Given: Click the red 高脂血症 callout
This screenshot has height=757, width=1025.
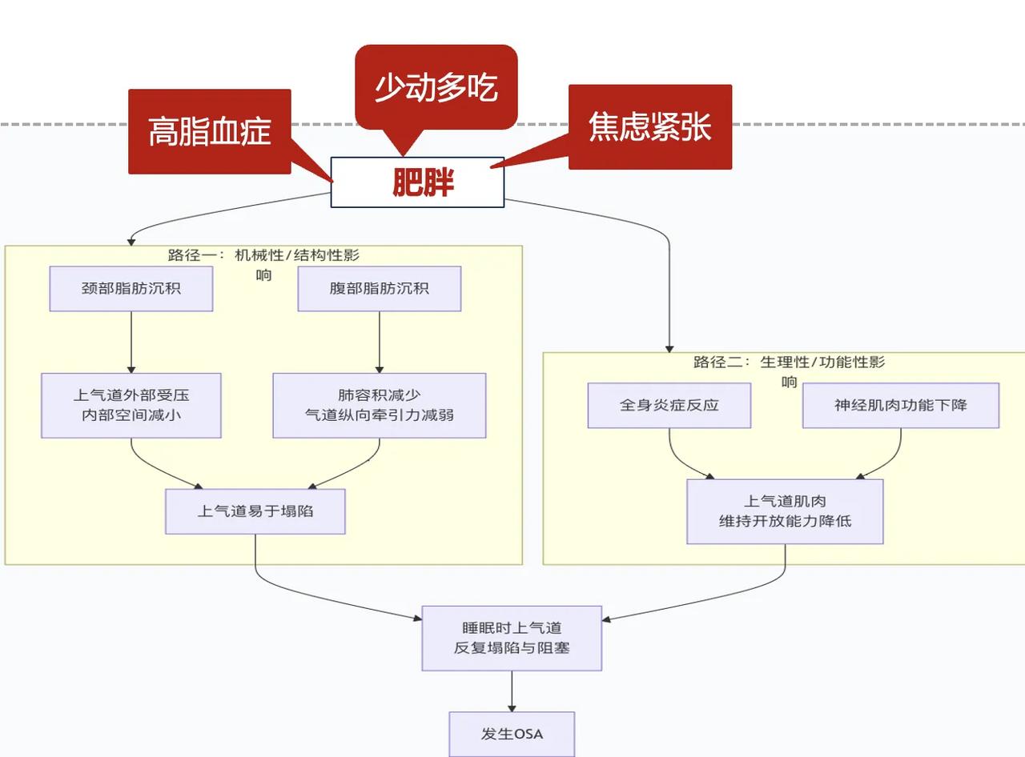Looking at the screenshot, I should click(210, 131).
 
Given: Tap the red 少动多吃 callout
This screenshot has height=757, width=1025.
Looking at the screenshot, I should click(436, 87).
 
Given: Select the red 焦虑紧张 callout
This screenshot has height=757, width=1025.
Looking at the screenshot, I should click(649, 126).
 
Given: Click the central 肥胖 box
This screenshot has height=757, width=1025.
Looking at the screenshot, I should click(417, 182).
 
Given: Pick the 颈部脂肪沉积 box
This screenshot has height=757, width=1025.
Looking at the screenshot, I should click(131, 288).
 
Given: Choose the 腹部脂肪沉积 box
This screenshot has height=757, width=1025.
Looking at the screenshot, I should click(380, 288).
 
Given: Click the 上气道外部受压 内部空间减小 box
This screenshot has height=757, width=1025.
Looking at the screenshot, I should click(131, 405).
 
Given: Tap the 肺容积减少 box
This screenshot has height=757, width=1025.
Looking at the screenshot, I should click(380, 405).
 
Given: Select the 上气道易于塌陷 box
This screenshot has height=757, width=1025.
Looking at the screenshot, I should click(255, 511).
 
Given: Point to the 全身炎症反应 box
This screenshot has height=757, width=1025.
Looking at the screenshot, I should click(669, 405).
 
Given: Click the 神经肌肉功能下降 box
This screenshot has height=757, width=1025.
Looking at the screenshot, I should click(901, 405).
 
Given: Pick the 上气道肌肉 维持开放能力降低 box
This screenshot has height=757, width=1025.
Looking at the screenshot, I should click(785, 511).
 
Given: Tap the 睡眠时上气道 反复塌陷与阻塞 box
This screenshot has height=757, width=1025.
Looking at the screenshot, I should click(512, 638).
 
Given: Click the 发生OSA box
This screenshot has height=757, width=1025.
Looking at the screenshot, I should click(512, 734).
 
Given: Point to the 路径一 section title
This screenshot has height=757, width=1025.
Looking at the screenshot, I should click(263, 256).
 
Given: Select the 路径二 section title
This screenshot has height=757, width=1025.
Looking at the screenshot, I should click(789, 362).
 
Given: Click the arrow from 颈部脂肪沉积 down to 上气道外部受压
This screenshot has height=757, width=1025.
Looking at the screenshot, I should click(131, 342).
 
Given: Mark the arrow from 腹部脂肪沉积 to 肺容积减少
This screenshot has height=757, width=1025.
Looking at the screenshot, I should click(380, 342).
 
